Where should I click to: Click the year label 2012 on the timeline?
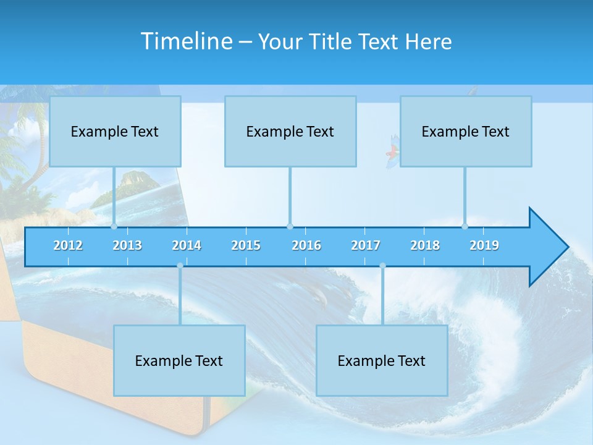click(x=68, y=245)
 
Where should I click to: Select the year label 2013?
click(x=127, y=245)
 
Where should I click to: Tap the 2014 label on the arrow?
click(x=187, y=245)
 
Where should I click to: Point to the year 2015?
click(x=246, y=245)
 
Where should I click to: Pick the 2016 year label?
click(x=306, y=245)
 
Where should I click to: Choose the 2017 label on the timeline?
click(x=366, y=245)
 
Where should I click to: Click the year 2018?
click(x=425, y=245)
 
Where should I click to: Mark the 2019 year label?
click(x=484, y=245)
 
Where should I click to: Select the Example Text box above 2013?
click(x=115, y=131)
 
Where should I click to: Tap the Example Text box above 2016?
click(x=290, y=131)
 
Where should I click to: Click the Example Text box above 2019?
click(x=466, y=131)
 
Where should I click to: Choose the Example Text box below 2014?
click(x=179, y=360)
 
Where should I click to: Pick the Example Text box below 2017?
click(x=382, y=360)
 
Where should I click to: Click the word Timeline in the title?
click(x=186, y=41)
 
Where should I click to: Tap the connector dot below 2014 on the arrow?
click(x=180, y=266)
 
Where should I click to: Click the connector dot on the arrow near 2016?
click(x=290, y=226)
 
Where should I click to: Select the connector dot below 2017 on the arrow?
click(x=382, y=266)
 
